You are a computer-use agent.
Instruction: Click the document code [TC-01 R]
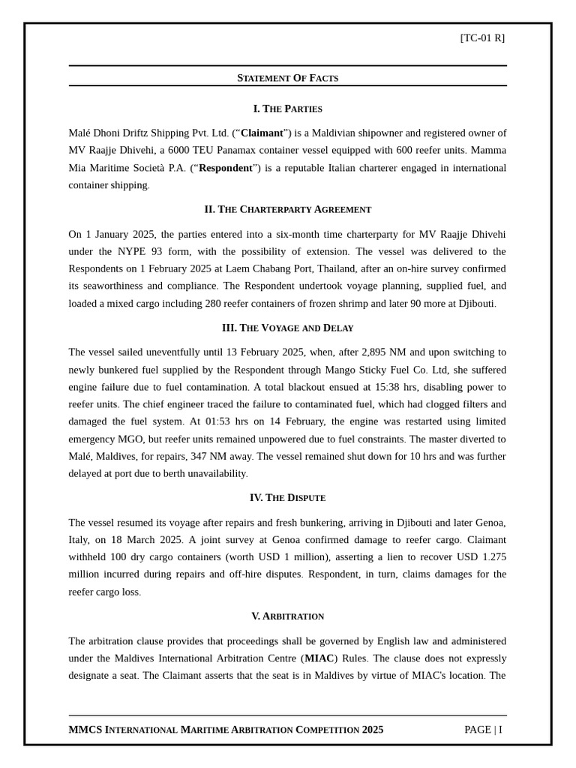tap(482, 38)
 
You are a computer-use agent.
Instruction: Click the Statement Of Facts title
tap(287, 78)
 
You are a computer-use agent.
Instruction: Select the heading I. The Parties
tap(287, 109)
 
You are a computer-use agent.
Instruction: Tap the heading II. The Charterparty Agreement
tap(287, 209)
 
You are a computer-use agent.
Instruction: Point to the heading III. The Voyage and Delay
tap(287, 328)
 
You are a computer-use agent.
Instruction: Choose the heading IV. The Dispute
tap(287, 497)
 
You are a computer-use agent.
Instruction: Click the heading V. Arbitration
tap(287, 616)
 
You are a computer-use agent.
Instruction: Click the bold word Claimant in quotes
tap(262, 133)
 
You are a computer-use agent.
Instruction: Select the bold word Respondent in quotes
tap(226, 168)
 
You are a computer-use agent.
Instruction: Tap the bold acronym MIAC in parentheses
tap(319, 658)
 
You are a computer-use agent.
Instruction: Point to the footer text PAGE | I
tap(484, 730)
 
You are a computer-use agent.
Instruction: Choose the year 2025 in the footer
tap(372, 730)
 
